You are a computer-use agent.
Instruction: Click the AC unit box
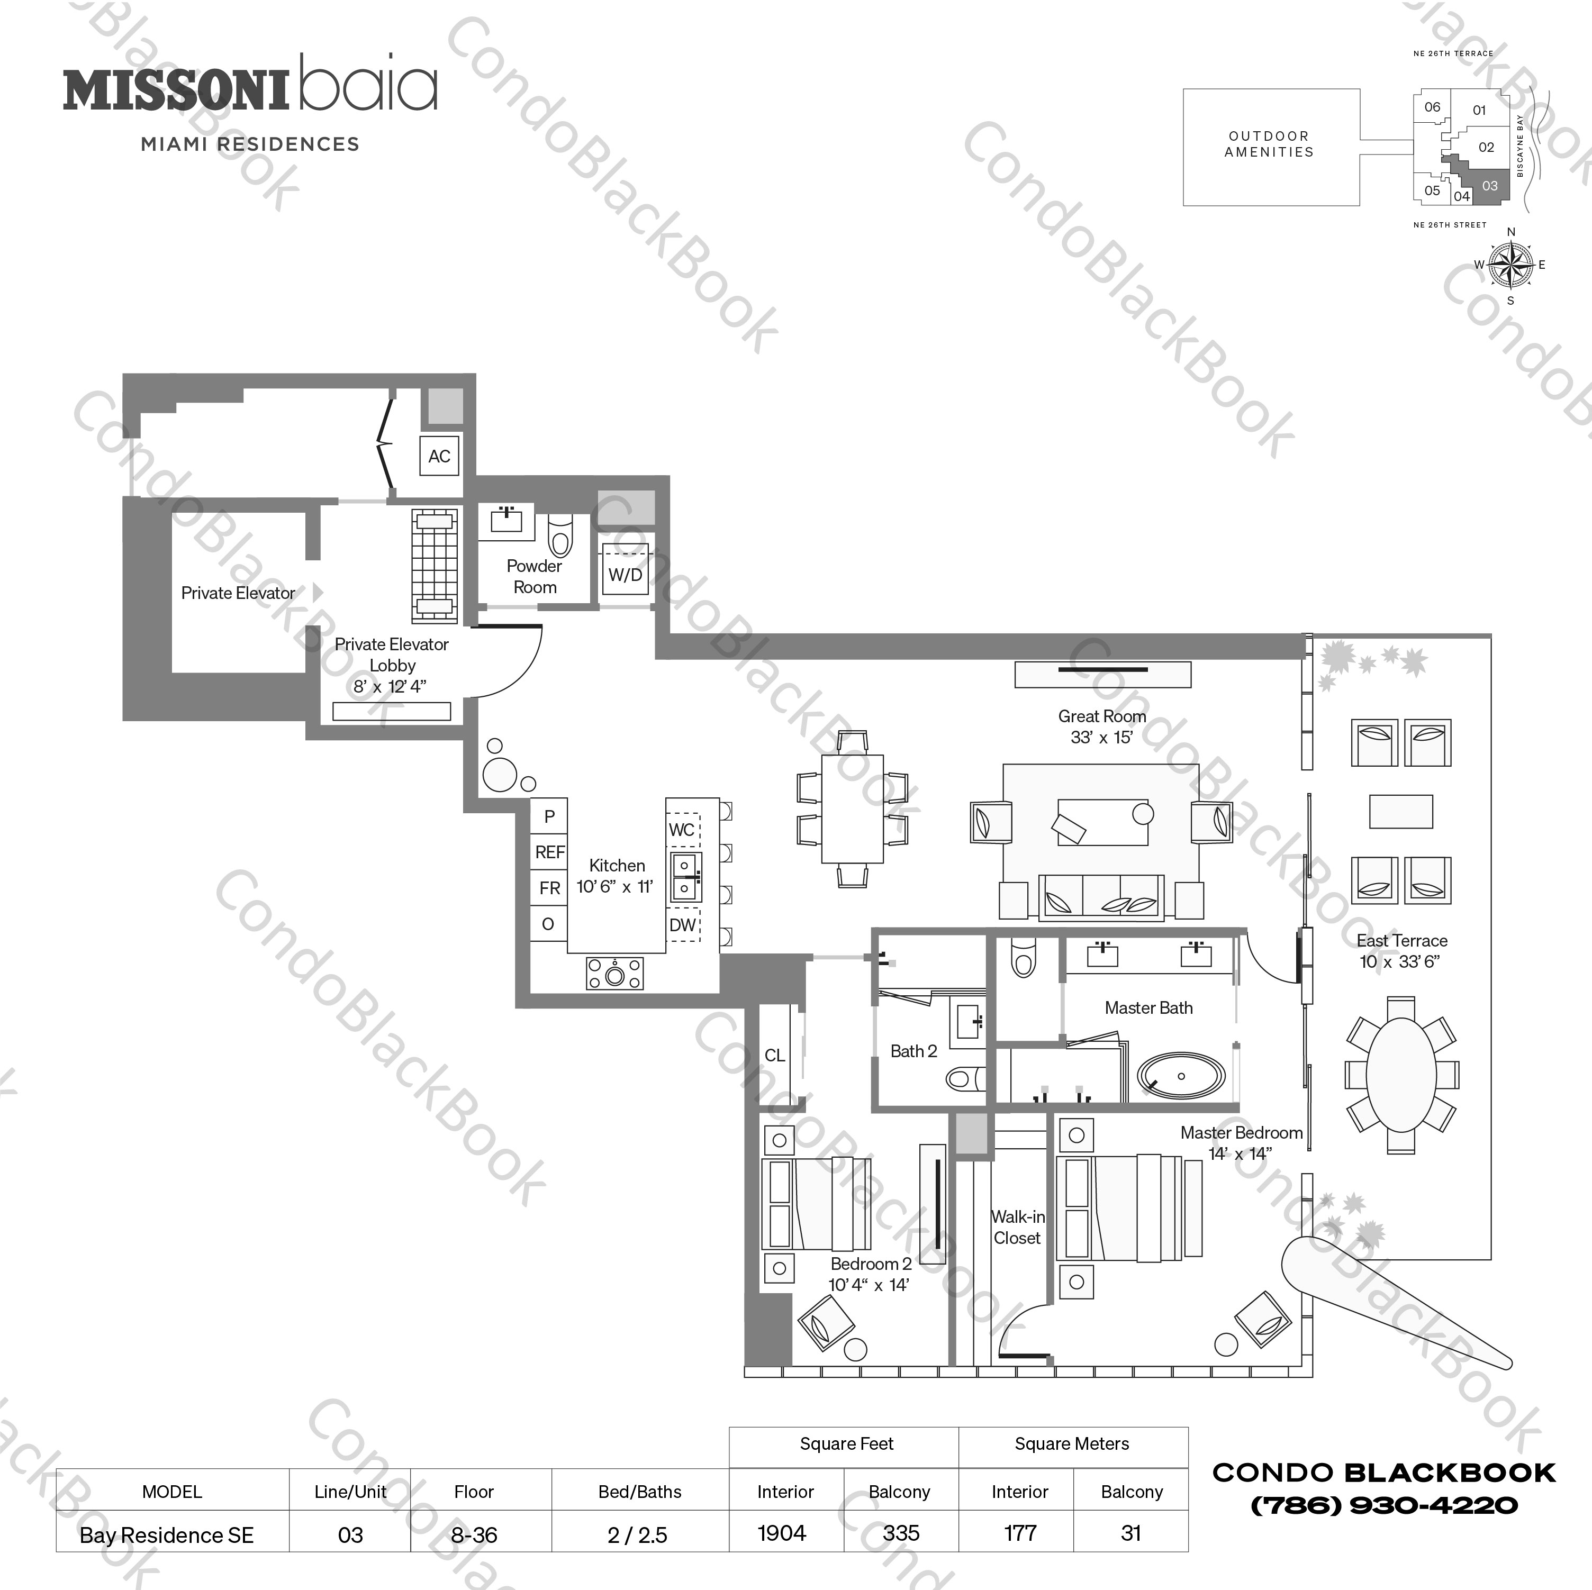439,456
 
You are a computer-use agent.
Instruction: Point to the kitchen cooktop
614,974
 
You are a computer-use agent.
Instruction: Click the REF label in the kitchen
549,852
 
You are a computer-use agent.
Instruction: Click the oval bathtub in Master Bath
1181,1076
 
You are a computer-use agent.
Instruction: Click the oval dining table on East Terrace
1401,1075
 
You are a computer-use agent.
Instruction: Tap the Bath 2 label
913,1051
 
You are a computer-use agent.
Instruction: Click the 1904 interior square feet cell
782,1533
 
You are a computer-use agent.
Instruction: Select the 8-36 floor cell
474,1535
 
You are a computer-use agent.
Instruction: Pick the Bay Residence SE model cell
167,1535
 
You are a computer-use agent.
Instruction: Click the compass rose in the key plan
1510,265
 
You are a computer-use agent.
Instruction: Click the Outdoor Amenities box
1270,147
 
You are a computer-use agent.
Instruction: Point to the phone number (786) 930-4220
1385,1506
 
